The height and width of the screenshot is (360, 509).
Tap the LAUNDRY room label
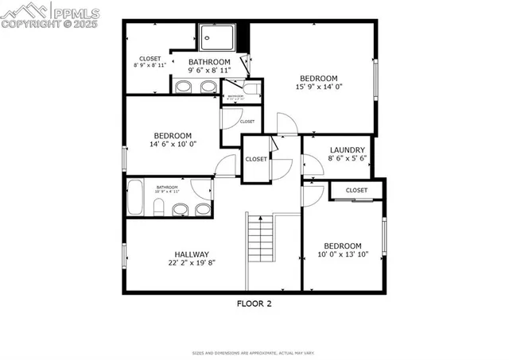[x=347, y=150]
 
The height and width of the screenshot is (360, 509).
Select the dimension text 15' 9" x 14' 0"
[x=317, y=87]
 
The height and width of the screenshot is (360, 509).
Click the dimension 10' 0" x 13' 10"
[x=343, y=255]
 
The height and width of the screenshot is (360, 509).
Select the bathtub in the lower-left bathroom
[x=135, y=197]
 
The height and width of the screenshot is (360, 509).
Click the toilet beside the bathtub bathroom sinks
[x=158, y=208]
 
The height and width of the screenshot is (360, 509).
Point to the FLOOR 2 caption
[x=254, y=303]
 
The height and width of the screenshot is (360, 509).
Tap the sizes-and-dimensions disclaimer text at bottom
[x=254, y=353]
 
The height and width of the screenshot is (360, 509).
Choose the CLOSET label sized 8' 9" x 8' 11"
[x=150, y=59]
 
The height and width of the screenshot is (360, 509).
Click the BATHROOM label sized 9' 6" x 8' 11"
[x=209, y=62]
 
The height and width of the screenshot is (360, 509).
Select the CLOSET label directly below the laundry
[x=356, y=191]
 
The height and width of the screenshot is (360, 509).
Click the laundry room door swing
[x=312, y=164]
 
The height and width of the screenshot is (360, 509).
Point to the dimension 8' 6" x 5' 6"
[x=347, y=159]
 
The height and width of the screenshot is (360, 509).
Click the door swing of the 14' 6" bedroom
[x=227, y=165]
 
